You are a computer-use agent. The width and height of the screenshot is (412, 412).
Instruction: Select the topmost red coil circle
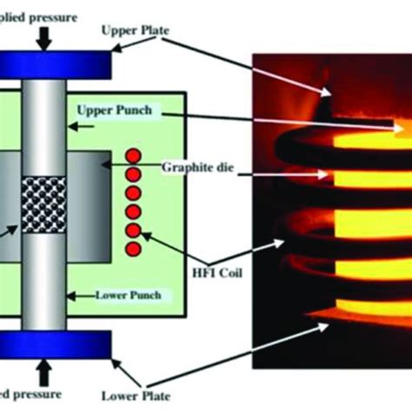(133, 156)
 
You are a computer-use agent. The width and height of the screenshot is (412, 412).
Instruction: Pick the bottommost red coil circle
(133, 250)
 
